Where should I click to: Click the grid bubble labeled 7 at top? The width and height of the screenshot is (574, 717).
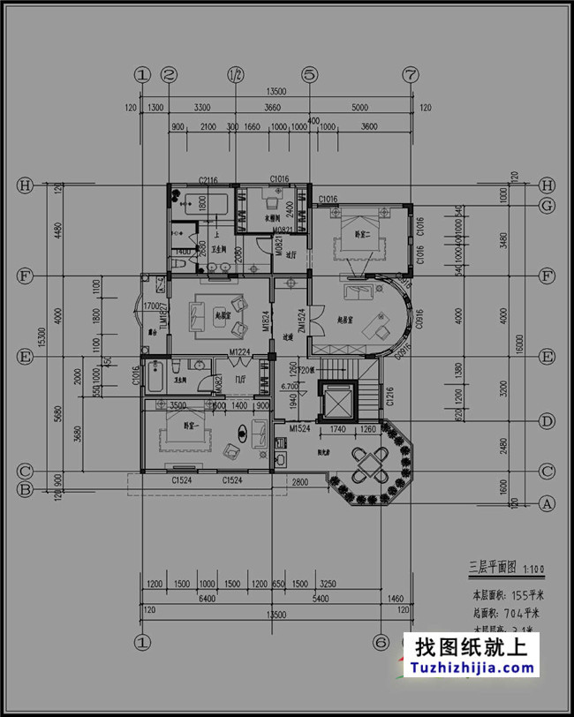[410, 75]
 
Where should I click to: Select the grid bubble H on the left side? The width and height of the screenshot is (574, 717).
[26, 185]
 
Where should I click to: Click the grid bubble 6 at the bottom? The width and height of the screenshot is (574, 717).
[381, 643]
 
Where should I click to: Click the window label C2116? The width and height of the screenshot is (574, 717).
[208, 180]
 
